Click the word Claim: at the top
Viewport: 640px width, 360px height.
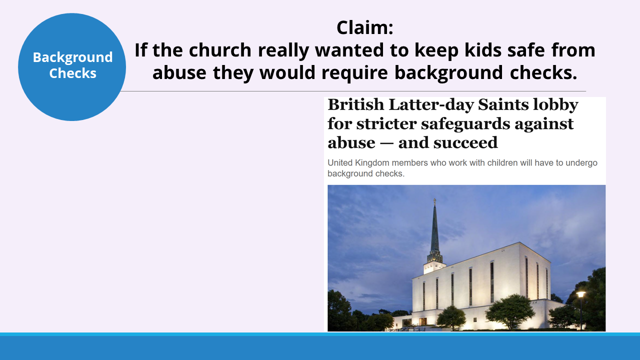pos(365,27)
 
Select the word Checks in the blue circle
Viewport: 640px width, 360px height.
pos(72,73)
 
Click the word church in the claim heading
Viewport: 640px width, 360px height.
pos(220,50)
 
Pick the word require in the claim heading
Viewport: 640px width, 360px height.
pos(354,73)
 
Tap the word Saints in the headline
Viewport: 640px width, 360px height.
pos(503,104)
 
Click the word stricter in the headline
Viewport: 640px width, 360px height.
pos(386,123)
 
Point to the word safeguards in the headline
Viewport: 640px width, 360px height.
pos(465,124)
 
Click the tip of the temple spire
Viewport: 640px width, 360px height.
pos(434,199)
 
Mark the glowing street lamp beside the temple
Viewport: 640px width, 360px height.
pos(580,294)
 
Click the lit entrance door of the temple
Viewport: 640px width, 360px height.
pos(423,321)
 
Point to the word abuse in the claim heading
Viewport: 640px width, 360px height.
pos(179,72)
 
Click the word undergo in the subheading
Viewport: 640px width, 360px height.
pos(581,163)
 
